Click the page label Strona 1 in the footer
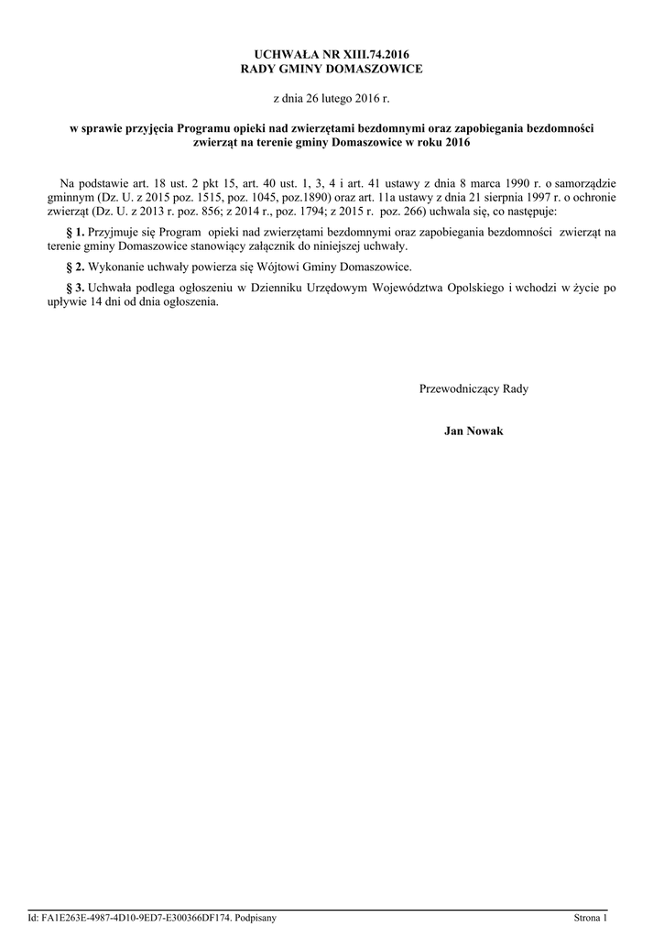[x=591, y=917]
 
